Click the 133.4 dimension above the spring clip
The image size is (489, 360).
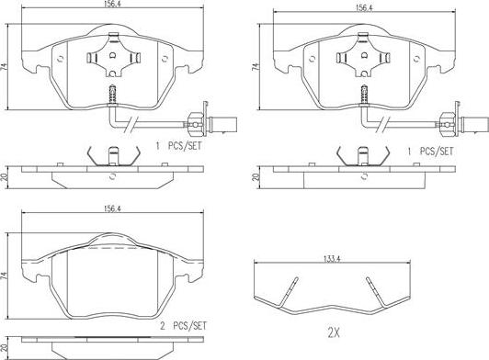click(x=332, y=258)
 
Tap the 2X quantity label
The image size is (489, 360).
click(x=334, y=333)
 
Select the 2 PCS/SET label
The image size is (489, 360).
click(x=184, y=326)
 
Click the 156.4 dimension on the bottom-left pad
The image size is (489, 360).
click(x=112, y=208)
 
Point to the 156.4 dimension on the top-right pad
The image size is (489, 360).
click(x=364, y=7)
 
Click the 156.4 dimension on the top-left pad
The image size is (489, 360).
click(x=112, y=5)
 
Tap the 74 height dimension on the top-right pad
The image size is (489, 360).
click(x=256, y=67)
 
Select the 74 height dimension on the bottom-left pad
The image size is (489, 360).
click(x=4, y=276)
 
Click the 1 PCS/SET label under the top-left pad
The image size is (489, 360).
click(x=179, y=145)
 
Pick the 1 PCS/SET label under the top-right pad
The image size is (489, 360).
click(x=430, y=152)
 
